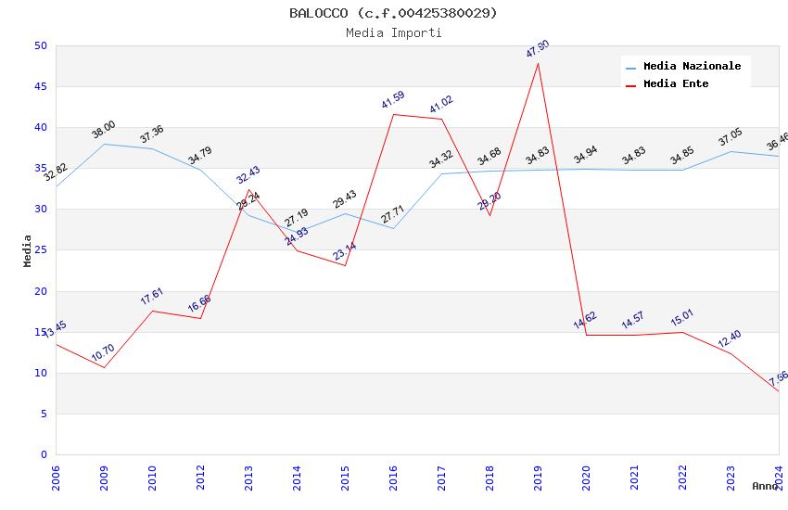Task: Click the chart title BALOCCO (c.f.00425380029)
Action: tap(393, 13)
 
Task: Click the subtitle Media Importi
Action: tap(393, 32)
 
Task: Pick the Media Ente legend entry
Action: tap(676, 84)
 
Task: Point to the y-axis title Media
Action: tap(28, 250)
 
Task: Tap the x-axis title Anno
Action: tap(765, 486)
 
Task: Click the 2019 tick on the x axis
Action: tap(538, 478)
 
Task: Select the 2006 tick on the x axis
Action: tap(56, 478)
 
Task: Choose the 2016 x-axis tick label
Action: tap(393, 478)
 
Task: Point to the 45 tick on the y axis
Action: tap(40, 87)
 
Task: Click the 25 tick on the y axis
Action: tap(40, 250)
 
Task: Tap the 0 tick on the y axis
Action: tap(44, 455)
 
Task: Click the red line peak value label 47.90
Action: tap(538, 49)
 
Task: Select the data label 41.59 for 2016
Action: tap(393, 100)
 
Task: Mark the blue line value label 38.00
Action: tap(104, 130)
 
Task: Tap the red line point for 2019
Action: tap(538, 63)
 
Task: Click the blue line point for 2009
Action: tap(104, 144)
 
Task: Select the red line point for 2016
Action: tap(393, 114)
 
